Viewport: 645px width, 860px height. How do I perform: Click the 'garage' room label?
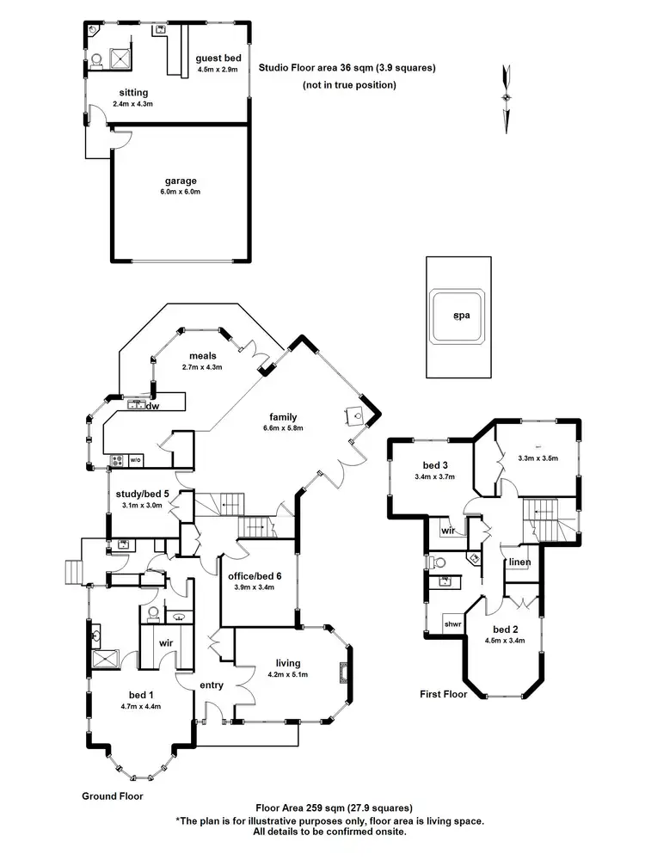(x=181, y=181)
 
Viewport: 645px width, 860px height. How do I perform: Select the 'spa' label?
(x=461, y=316)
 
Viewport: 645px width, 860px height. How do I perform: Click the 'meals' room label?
(x=203, y=355)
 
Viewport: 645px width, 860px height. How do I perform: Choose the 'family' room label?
(x=283, y=416)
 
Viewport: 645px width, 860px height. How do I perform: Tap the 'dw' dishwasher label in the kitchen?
(x=153, y=406)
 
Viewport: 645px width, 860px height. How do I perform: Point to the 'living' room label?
(x=288, y=662)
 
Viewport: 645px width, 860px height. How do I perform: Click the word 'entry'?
(x=211, y=685)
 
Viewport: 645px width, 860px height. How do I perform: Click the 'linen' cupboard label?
(x=519, y=562)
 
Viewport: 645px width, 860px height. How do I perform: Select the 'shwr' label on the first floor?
(x=453, y=623)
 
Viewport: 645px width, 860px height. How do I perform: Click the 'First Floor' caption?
(x=443, y=693)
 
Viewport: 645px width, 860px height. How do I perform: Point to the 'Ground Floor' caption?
(x=112, y=796)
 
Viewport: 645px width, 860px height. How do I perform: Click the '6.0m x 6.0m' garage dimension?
(x=181, y=192)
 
